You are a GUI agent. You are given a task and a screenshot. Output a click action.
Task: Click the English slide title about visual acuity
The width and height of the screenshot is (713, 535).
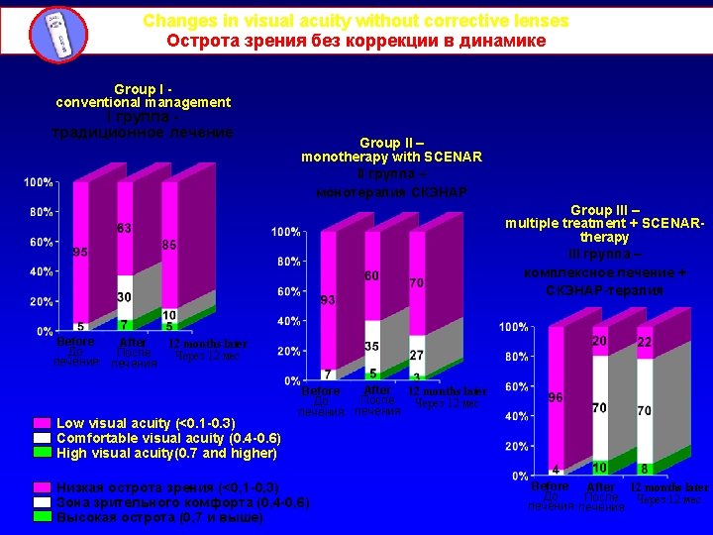click(356, 21)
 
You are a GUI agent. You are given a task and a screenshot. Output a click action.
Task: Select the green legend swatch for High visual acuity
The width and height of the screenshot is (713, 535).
click(42, 453)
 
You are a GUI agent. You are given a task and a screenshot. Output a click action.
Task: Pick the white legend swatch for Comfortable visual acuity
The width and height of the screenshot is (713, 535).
click(42, 438)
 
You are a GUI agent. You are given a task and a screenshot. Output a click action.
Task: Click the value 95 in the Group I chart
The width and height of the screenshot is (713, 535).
click(81, 253)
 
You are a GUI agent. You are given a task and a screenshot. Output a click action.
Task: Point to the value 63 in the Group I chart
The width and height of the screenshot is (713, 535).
click(125, 229)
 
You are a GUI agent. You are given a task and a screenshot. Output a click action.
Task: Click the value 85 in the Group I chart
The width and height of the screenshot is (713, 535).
click(169, 245)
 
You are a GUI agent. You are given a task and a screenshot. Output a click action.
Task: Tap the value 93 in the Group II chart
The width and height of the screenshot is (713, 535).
click(328, 300)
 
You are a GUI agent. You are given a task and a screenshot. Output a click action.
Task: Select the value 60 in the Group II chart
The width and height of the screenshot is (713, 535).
click(371, 274)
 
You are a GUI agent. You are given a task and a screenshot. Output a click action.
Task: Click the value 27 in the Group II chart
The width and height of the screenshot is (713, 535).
click(417, 355)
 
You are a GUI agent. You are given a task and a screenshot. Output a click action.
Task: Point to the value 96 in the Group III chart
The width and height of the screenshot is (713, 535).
click(557, 396)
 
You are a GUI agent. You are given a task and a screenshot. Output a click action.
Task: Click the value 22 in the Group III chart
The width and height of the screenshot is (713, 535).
click(645, 342)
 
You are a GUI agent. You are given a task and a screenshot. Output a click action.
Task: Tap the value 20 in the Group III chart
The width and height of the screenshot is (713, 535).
click(600, 341)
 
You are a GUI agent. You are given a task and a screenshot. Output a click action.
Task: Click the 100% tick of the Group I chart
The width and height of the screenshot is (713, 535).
click(40, 183)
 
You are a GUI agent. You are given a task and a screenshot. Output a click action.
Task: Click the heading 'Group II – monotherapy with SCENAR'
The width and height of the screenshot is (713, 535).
click(392, 150)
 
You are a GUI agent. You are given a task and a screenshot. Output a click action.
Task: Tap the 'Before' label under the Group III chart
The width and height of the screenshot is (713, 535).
click(550, 487)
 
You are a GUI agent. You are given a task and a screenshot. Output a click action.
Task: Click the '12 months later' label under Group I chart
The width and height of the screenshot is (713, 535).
click(208, 344)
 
